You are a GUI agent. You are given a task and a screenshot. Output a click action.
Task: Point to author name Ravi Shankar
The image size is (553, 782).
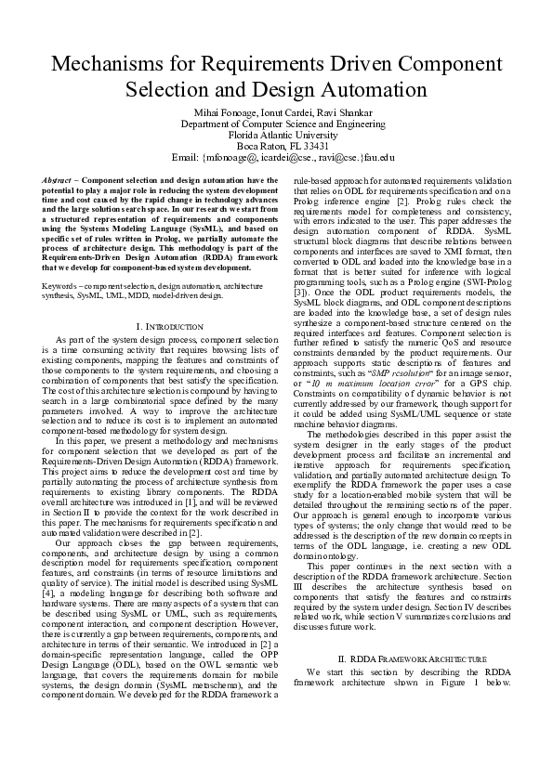click(x=338, y=111)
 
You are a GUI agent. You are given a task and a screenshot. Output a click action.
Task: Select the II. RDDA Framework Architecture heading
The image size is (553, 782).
click(x=399, y=685)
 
